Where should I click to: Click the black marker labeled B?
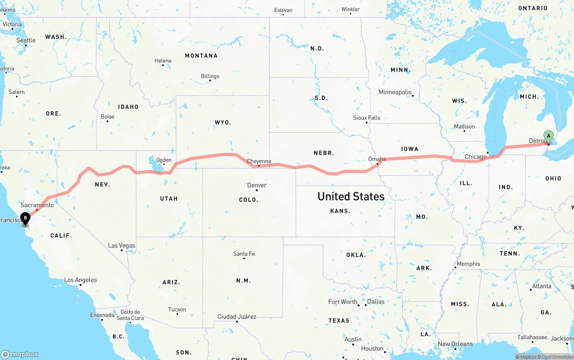[26, 218]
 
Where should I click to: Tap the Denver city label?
[257, 185]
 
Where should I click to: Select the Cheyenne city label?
[259, 161]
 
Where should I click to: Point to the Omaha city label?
[377, 159]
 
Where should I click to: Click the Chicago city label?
[475, 157]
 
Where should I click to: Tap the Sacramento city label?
[37, 205]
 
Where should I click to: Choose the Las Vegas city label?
[122, 246]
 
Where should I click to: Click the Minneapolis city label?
[395, 92]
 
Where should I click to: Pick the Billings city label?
[210, 76]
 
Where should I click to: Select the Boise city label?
[108, 117]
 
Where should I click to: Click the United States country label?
[351, 196]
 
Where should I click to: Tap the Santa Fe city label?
[244, 254]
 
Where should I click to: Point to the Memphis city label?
[468, 264]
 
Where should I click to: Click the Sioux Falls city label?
[366, 118]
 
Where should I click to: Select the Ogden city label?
[164, 160]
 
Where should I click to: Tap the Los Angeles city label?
[80, 280]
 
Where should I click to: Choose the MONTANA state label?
[201, 56]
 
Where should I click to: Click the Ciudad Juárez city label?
[237, 317]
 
